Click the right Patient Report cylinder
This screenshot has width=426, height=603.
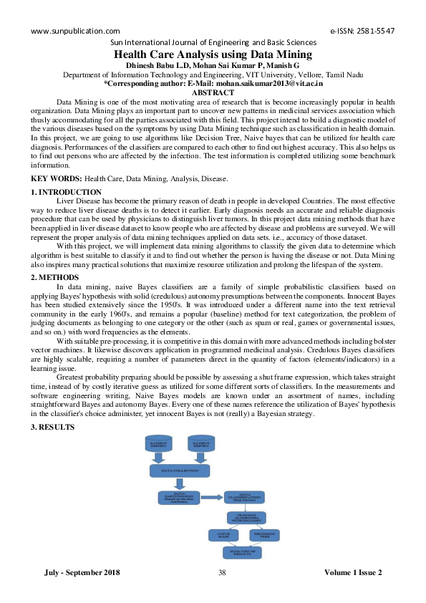(x=200, y=445)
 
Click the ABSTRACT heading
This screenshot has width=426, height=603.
(x=213, y=92)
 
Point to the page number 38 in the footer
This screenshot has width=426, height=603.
(x=221, y=572)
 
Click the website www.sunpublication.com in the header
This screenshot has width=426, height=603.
(x=74, y=32)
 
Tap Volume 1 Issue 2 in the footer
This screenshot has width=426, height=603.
(x=353, y=572)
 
